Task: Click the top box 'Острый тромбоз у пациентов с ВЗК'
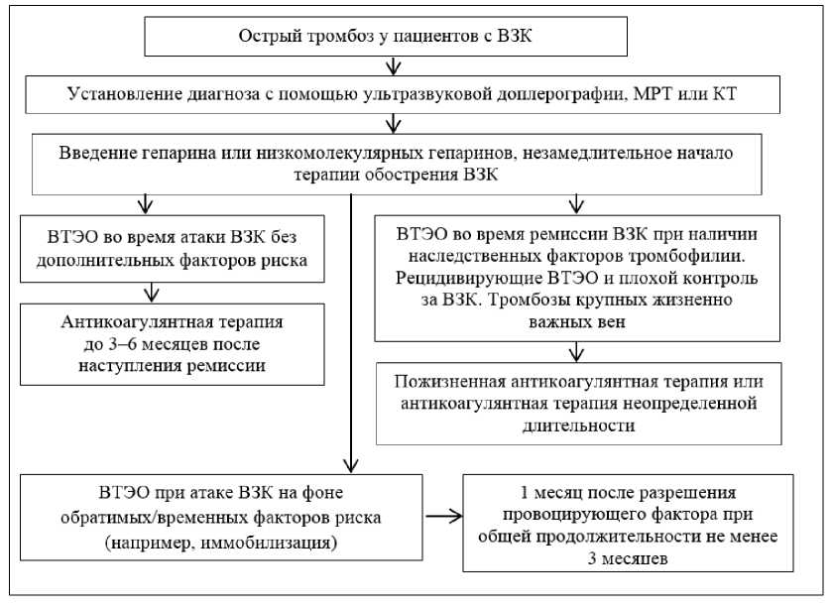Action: coord(388,37)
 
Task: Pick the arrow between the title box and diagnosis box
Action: coord(396,66)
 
